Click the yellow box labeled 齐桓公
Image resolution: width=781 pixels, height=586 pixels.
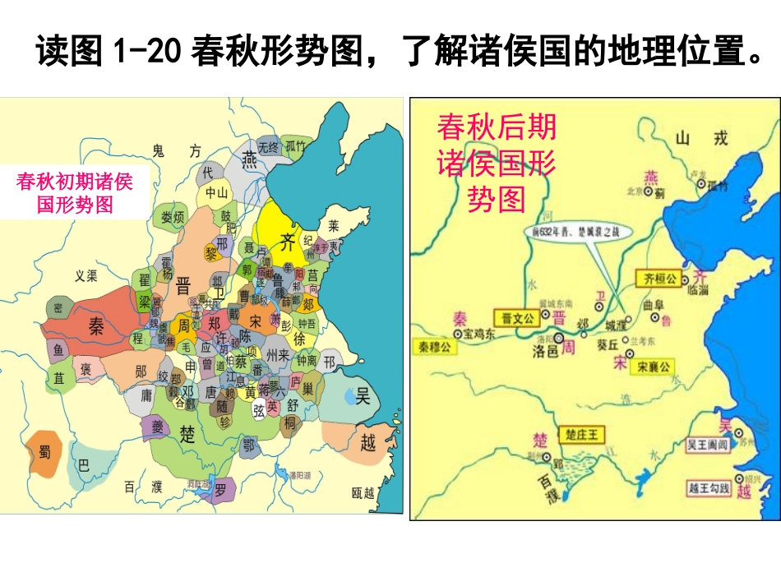tap(659, 279)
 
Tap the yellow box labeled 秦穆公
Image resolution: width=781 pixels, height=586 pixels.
tap(436, 347)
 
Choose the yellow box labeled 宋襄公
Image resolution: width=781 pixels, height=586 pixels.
tap(654, 367)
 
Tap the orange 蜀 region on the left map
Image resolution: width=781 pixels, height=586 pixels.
tap(44, 453)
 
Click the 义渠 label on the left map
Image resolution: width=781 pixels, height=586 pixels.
tap(86, 276)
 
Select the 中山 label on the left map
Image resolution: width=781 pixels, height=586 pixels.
tap(216, 193)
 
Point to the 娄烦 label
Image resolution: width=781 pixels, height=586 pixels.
tap(173, 217)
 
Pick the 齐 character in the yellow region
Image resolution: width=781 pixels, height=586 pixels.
tap(287, 242)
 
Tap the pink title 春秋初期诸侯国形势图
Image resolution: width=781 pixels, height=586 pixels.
tap(74, 193)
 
